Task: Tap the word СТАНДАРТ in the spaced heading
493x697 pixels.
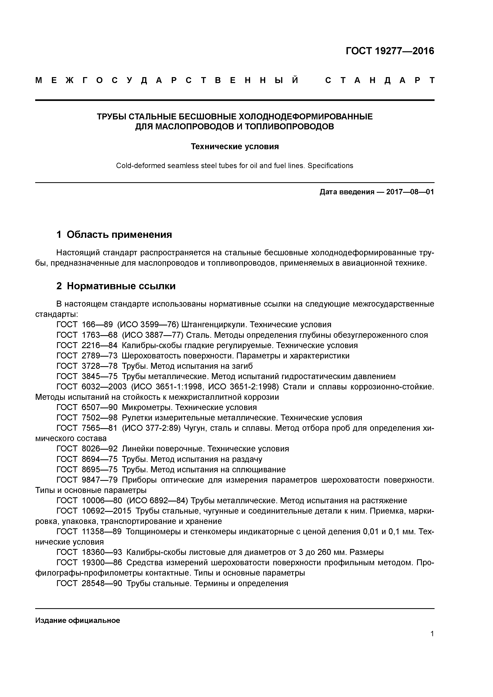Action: (380, 80)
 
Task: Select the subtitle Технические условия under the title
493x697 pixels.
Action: (235, 147)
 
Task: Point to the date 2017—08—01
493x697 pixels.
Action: (410, 192)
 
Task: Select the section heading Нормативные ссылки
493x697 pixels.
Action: (121, 286)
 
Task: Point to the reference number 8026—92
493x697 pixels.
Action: (100, 449)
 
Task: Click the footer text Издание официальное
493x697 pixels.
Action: (78, 620)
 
